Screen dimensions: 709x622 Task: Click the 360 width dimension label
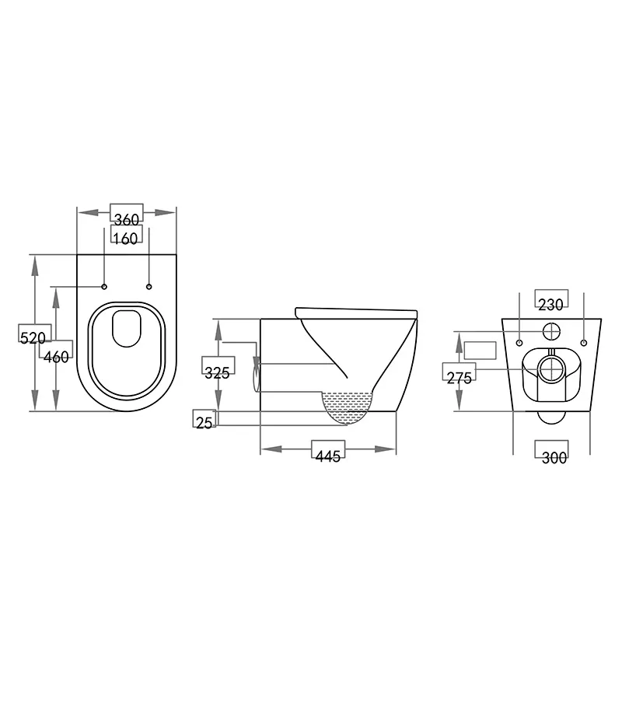coord(126,220)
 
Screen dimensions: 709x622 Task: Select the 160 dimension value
coord(125,238)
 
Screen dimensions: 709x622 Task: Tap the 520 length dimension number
coord(33,337)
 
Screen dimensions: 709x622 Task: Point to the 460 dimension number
coord(56,357)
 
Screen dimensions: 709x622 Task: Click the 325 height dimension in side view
coord(217,372)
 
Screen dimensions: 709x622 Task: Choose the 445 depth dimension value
coord(329,456)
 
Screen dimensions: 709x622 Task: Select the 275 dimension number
coord(459,378)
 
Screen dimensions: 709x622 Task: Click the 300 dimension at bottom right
coord(554,458)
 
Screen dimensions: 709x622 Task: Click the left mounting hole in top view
coord(104,287)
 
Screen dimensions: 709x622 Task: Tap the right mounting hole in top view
coord(149,287)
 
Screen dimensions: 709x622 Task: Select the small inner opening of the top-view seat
coord(126,328)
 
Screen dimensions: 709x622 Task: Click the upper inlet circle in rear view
coord(551,330)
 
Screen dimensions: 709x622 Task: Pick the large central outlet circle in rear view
coord(551,368)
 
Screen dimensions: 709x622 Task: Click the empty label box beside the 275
coord(480,350)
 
